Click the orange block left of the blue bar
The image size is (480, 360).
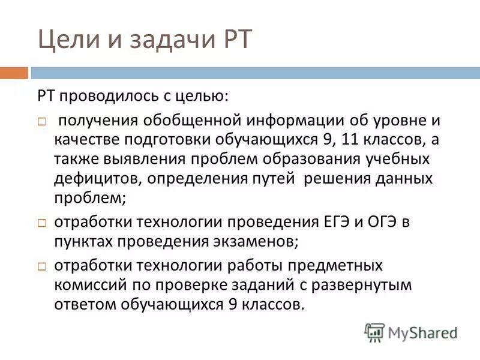click(x=14, y=73)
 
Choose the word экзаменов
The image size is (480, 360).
click(x=247, y=241)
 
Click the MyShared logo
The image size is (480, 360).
click(x=411, y=332)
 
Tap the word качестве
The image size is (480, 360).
click(x=86, y=140)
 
